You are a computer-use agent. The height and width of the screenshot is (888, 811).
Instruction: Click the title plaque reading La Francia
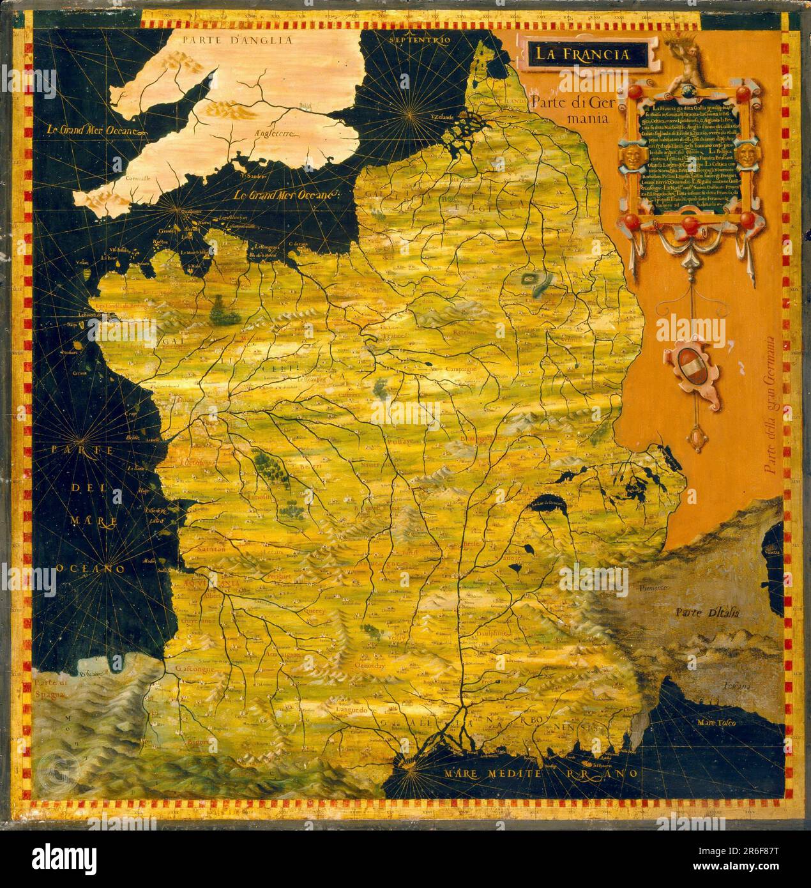tap(581, 54)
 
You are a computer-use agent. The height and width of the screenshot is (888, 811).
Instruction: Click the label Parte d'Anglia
tap(237, 40)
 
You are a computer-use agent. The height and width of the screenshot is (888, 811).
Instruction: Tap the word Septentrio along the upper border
tap(423, 40)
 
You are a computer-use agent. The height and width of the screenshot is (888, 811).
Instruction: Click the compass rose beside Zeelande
tap(409, 115)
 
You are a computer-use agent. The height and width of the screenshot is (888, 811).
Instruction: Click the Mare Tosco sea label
tap(716, 723)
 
